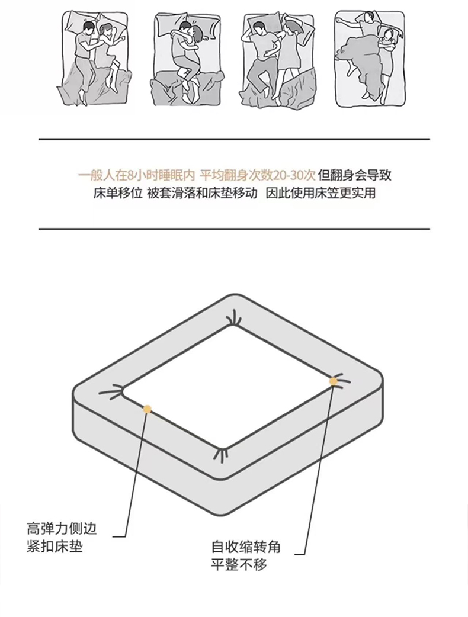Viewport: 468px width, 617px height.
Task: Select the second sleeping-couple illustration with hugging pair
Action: point(187,59)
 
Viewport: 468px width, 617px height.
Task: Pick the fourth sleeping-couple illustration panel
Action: point(370,59)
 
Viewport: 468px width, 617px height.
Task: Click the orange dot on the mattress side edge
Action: point(147,409)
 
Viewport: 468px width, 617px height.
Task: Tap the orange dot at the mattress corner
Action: point(334,381)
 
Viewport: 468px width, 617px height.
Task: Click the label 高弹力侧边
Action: point(62,528)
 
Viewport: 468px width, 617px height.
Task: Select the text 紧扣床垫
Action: point(55,547)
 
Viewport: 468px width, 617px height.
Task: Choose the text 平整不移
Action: point(239,565)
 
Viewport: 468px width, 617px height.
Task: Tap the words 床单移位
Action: point(118,193)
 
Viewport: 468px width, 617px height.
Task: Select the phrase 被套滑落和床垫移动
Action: point(203,193)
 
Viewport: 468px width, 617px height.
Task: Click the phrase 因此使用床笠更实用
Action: point(320,193)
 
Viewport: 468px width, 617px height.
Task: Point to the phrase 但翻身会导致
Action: point(355,175)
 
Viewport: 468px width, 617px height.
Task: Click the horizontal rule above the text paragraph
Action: point(234,139)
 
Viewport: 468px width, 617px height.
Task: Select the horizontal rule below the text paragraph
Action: point(234,229)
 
